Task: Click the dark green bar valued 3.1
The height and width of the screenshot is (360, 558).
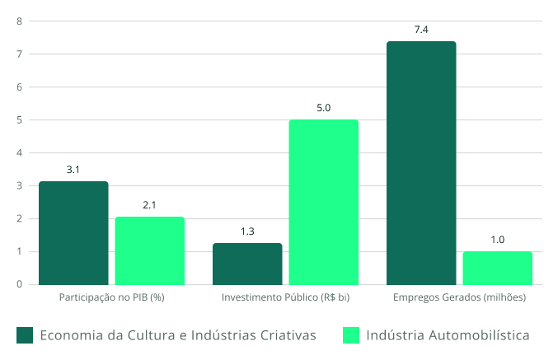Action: pos(73,233)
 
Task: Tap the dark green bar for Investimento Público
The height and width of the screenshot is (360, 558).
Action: pos(247,264)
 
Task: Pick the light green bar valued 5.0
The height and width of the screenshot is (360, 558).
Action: pos(324,202)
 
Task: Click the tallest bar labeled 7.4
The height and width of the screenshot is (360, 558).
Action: pos(421,162)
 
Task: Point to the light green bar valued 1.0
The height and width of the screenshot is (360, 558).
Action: pos(498,268)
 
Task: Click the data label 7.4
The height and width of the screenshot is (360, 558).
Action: pos(421,30)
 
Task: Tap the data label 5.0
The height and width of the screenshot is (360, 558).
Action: pos(324,108)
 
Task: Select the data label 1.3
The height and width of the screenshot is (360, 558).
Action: pos(247,231)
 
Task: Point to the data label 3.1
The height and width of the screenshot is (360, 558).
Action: pos(73,170)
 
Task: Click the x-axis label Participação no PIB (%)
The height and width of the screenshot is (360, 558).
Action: pos(112,297)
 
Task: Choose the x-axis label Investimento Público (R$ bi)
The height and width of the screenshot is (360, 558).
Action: pos(286,297)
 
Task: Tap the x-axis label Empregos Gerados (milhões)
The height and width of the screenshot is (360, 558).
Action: pos(459,297)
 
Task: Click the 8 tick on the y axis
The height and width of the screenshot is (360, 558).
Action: pos(19,21)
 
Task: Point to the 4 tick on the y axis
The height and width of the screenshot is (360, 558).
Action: pos(19,153)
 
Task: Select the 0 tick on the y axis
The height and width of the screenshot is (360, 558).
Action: pos(19,285)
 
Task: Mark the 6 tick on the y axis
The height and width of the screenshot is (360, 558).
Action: pos(19,87)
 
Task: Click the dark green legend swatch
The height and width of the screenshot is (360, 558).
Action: pos(25,334)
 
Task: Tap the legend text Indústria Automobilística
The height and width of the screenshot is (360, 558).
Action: pos(447,334)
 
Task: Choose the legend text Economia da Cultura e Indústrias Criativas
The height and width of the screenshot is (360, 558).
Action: pos(177,334)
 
